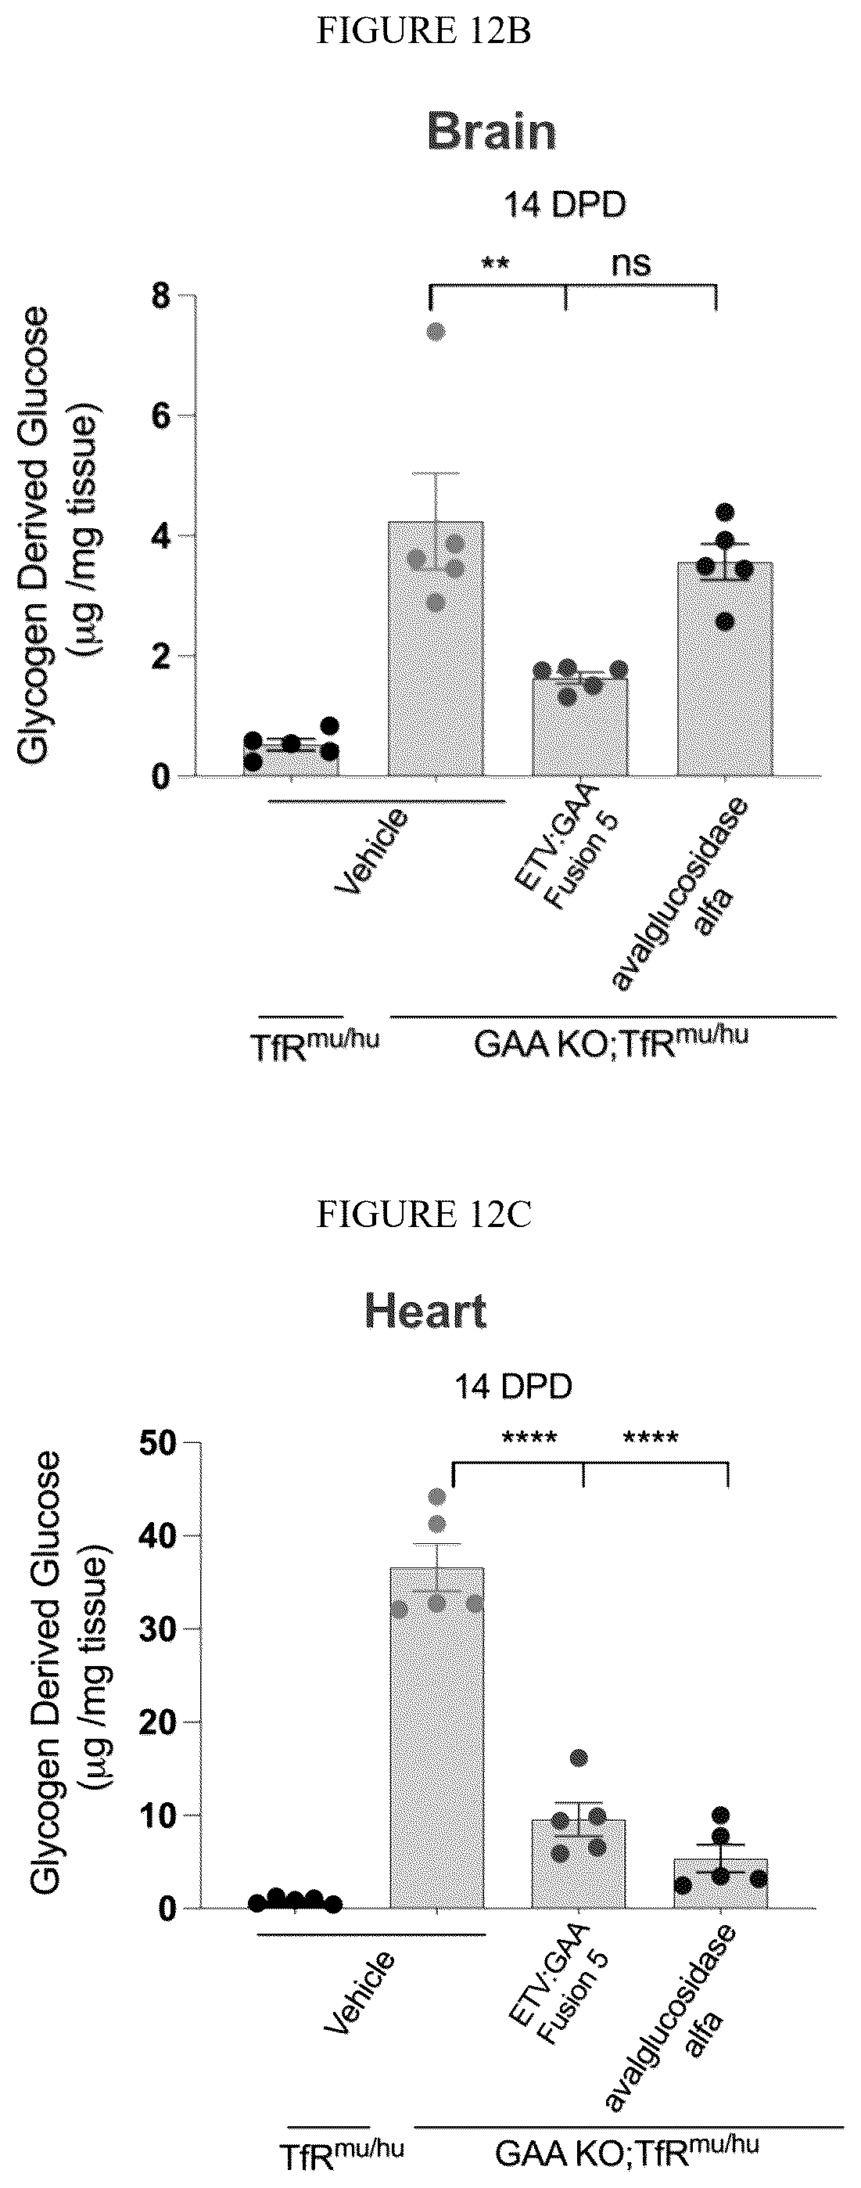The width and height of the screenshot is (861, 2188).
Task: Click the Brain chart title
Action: (492, 131)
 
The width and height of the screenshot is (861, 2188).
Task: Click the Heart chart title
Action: (425, 1312)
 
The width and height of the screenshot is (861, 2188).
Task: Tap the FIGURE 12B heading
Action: (424, 32)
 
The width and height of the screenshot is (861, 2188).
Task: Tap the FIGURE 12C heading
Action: (424, 1215)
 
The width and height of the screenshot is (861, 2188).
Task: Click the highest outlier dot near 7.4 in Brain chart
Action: (436, 331)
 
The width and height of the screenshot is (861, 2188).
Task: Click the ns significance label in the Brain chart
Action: (631, 265)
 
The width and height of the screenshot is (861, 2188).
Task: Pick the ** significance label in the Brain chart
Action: (495, 262)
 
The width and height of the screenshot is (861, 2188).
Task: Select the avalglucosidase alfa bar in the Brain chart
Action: (724, 669)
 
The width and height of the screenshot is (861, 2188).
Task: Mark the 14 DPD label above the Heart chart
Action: (512, 1387)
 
